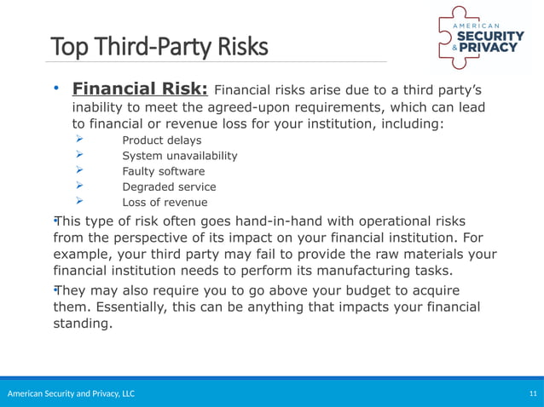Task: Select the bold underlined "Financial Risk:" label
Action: [140, 89]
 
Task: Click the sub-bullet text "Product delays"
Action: [162, 140]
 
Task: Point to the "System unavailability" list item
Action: [180, 156]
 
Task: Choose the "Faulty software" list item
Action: [164, 171]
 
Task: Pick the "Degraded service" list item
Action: [169, 186]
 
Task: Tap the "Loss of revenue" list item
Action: [165, 202]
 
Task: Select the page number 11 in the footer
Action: [533, 393]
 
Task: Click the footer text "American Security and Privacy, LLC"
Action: [71, 393]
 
